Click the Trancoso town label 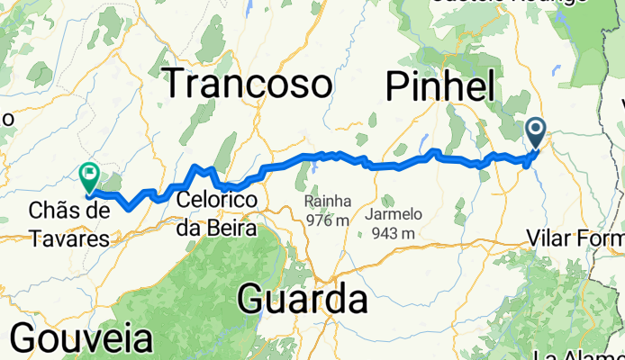tap(247, 85)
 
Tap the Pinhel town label tap(440, 87)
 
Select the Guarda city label tap(302, 299)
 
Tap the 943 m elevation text tap(394, 234)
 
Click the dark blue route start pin tap(537, 133)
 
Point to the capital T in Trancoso tap(176, 85)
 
